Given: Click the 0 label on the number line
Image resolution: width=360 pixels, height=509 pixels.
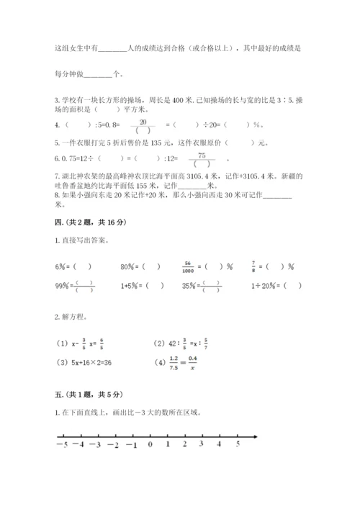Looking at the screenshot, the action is [x=150, y=445].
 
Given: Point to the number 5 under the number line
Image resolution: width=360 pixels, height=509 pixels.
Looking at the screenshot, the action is [x=238, y=445].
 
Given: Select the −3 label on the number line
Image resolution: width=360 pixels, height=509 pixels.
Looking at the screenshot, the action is [x=96, y=445].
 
